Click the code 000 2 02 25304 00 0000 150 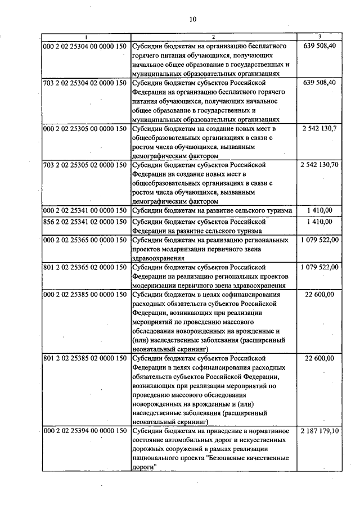pos(84,46)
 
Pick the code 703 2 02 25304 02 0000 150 pos(84,83)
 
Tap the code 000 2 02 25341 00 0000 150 pos(84,210)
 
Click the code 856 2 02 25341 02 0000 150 pos(84,222)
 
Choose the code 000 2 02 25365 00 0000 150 pos(84,240)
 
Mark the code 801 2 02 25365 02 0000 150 pos(84,267)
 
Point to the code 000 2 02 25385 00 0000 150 pos(84,295)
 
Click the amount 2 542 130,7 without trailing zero pos(319,129)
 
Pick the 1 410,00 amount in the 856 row pos(319,222)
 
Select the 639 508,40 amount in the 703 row pos(319,83)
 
